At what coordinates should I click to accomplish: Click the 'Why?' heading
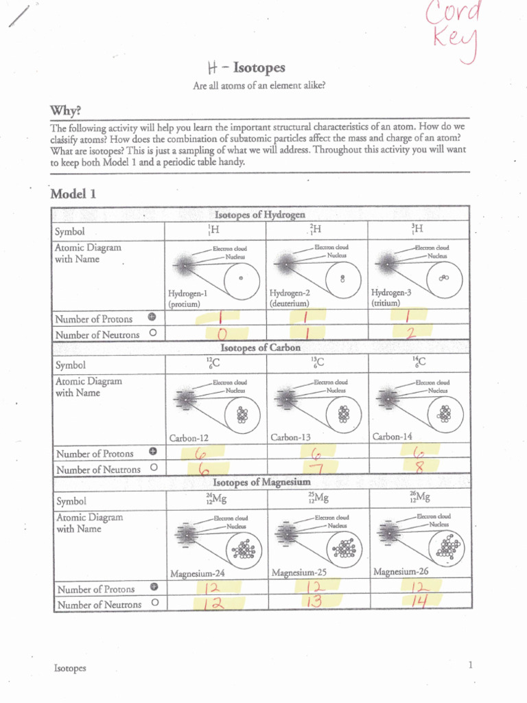[x=66, y=111]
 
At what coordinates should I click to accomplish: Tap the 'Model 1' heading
[x=73, y=194]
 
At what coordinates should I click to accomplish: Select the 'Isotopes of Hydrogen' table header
[x=260, y=214]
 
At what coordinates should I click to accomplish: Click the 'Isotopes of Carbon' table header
[x=261, y=347]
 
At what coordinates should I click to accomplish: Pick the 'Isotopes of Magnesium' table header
[x=261, y=482]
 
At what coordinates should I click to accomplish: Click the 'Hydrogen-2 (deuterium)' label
[x=290, y=297]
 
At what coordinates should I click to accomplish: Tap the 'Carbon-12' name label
[x=189, y=437]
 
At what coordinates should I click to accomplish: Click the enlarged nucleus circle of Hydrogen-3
[x=444, y=278]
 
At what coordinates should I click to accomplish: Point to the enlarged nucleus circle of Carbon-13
[x=343, y=415]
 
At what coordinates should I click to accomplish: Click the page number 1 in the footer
[x=471, y=665]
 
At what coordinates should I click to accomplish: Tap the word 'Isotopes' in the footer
[x=70, y=668]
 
